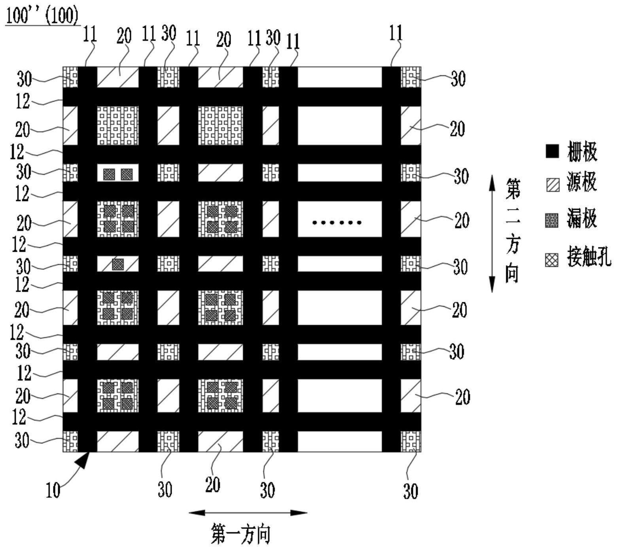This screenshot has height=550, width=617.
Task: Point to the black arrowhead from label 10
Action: click(x=83, y=460)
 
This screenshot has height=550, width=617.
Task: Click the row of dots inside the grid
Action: click(x=337, y=223)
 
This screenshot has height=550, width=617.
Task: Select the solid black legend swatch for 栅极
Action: click(x=553, y=151)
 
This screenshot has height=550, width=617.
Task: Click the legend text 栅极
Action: click(x=583, y=151)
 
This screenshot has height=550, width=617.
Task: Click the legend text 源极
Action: click(x=583, y=184)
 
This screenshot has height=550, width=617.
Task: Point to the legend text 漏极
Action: click(x=583, y=218)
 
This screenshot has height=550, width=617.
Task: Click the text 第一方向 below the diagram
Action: click(x=241, y=534)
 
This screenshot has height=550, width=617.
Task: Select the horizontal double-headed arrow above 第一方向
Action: click(x=248, y=513)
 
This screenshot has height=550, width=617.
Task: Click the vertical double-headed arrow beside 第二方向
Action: click(x=492, y=234)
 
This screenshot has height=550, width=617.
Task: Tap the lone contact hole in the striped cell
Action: click(x=118, y=264)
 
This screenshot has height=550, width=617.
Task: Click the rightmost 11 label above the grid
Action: click(x=396, y=33)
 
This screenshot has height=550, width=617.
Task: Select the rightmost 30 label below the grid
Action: click(x=411, y=491)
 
